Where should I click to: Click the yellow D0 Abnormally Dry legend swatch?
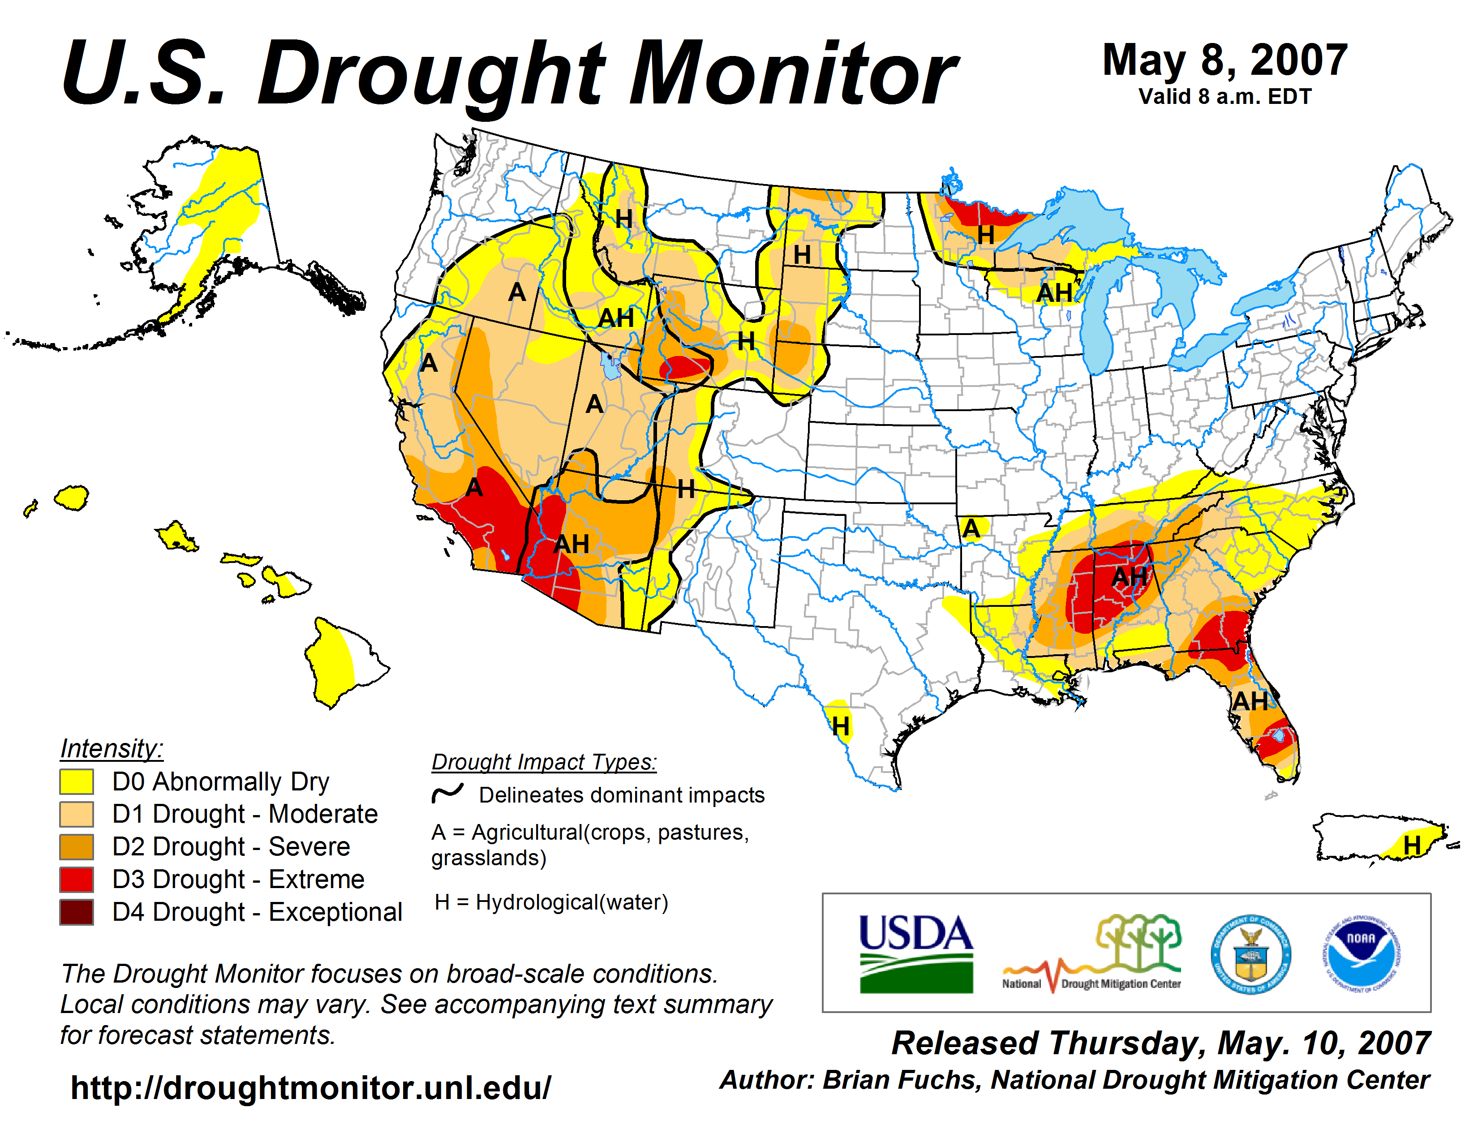(x=77, y=781)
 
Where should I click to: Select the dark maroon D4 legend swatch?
(x=77, y=912)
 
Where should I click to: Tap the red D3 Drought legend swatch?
(x=77, y=880)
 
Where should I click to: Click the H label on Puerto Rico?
(x=1412, y=845)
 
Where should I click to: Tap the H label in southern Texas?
(x=841, y=726)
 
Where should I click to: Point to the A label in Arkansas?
(x=971, y=528)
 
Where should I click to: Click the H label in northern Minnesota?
(x=985, y=236)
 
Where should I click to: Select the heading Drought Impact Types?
(x=544, y=762)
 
